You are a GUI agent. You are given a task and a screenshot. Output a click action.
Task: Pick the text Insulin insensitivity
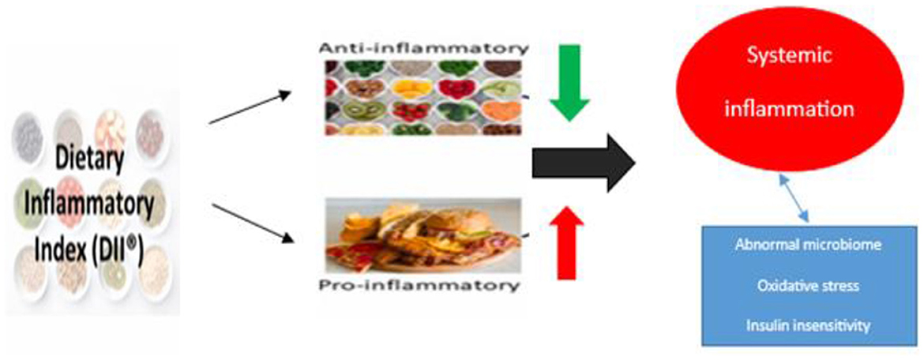(x=806, y=324)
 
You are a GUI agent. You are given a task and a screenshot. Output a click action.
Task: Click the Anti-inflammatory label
(x=419, y=47)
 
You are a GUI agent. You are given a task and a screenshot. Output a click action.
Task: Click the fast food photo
(x=423, y=234)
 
